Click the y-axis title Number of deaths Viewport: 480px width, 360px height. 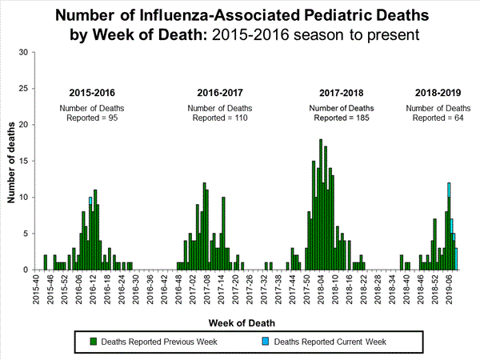click(11, 161)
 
